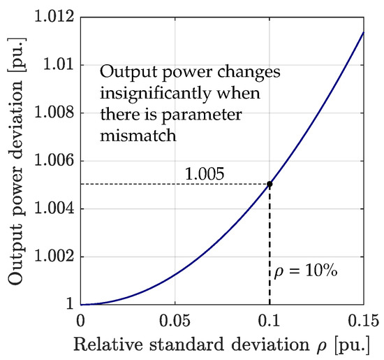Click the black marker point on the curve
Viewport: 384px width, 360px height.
(x=269, y=185)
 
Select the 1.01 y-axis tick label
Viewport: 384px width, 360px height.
(x=61, y=64)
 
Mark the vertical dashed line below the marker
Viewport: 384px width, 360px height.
(x=269, y=245)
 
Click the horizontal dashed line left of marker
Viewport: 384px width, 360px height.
(x=175, y=185)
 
